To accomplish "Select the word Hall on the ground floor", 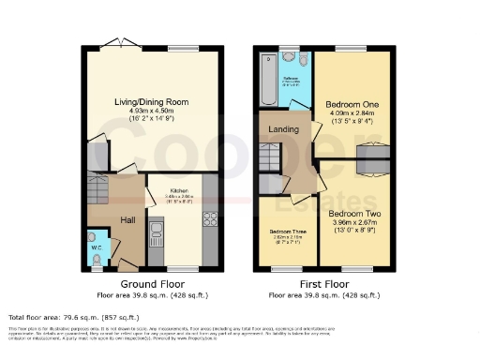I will click(x=128, y=219).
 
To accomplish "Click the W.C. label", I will click(x=97, y=237).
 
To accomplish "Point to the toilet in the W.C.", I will click(x=98, y=256).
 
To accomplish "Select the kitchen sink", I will click(x=157, y=228).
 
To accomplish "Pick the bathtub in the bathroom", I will click(x=271, y=80).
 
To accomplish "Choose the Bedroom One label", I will click(x=348, y=103).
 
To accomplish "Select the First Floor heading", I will click(x=324, y=282).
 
